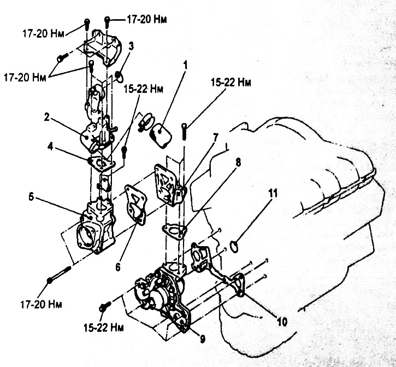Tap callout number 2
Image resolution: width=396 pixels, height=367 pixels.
click(48, 117)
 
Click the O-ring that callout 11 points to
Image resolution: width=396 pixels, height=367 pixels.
click(234, 248)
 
